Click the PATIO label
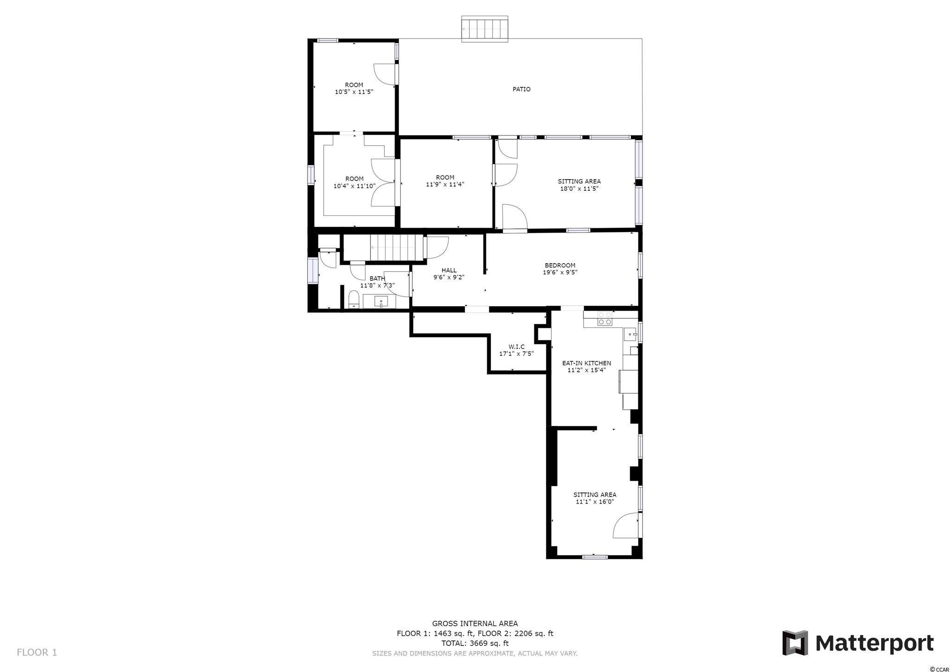point(521,89)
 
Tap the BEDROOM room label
point(560,265)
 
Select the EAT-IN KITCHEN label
point(586,363)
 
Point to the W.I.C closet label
point(516,347)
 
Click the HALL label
point(449,270)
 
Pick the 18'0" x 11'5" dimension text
point(579,189)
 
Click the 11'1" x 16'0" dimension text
point(595,502)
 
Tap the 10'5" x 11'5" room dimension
point(354,92)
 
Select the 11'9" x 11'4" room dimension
point(445,184)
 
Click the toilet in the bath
point(354,299)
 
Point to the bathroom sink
point(381,302)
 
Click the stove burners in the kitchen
point(604,318)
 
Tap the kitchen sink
point(630,334)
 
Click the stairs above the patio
point(485,29)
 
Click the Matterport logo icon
point(795,643)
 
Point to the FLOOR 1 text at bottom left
point(37,652)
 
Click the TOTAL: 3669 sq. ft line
point(475,643)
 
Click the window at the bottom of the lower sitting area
point(595,557)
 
